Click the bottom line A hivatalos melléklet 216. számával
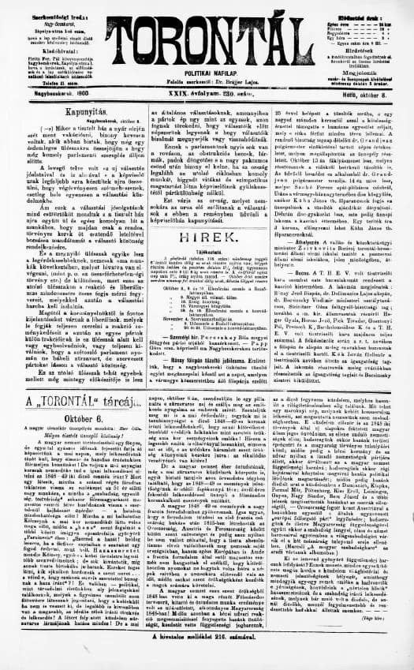pyautogui.click(x=207, y=655)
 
